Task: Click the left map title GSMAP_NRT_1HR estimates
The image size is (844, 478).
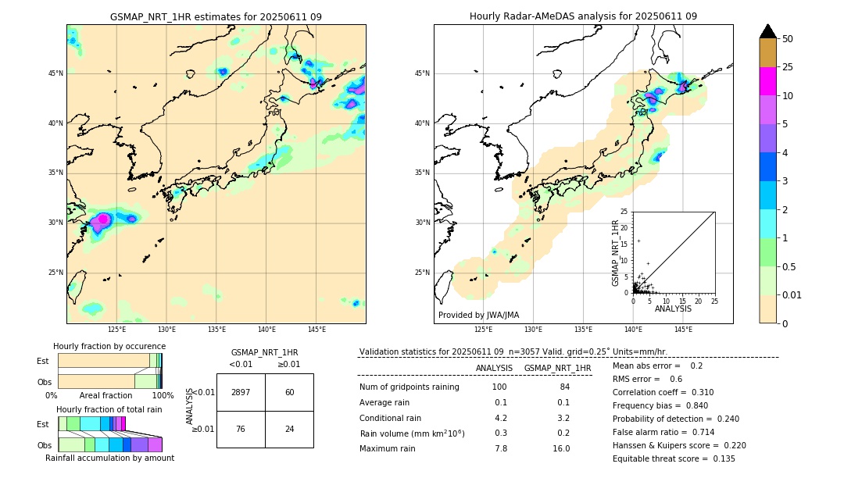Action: [x=216, y=16]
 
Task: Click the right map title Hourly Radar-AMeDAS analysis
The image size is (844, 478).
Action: [x=583, y=16]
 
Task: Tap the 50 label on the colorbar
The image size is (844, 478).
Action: [x=788, y=39]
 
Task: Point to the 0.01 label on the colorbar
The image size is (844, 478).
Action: [x=792, y=294]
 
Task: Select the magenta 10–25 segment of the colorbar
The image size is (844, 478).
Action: [x=767, y=81]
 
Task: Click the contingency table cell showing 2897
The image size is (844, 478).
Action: [x=241, y=392]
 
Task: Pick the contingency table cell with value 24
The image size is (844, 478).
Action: [x=289, y=429]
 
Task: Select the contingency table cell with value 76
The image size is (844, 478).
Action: [x=241, y=429]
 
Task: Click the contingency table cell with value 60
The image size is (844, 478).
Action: [x=289, y=392]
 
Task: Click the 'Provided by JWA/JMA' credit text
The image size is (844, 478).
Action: [x=478, y=315]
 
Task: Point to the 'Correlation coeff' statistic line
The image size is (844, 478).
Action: [x=663, y=392]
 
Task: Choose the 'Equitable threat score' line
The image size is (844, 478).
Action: [x=674, y=458]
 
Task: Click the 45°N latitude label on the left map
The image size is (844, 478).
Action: [x=55, y=73]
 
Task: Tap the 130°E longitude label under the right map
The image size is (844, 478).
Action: [x=533, y=330]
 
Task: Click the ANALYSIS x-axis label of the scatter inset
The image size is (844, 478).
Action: [x=673, y=309]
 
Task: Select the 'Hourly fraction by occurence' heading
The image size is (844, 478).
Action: [x=109, y=346]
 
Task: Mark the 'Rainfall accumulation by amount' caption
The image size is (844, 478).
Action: [x=109, y=458]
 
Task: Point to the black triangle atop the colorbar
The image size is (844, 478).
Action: [x=767, y=31]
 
